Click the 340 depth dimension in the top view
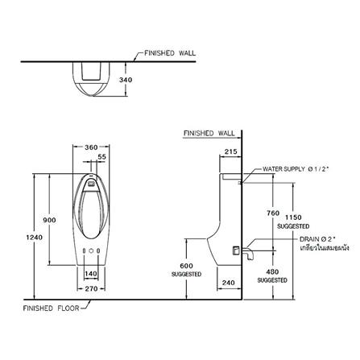[126, 80]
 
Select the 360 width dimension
[91, 147]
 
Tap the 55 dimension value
[101, 157]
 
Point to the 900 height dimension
[50, 220]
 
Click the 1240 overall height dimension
[35, 238]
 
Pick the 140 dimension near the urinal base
[91, 274]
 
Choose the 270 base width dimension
[91, 289]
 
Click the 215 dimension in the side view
[231, 151]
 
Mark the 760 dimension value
[273, 213]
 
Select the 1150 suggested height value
[293, 217]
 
